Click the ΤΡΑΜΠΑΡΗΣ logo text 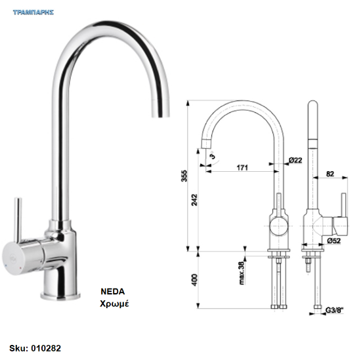coord(33,12)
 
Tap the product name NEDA coord(113,291)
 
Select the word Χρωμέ coord(114,304)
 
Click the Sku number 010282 coord(46,348)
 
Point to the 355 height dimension coord(184,176)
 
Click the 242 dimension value coord(194,200)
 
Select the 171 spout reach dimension coord(242,167)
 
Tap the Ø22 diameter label coord(295,160)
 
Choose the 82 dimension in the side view coord(330,174)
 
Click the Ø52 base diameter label coord(334,241)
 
